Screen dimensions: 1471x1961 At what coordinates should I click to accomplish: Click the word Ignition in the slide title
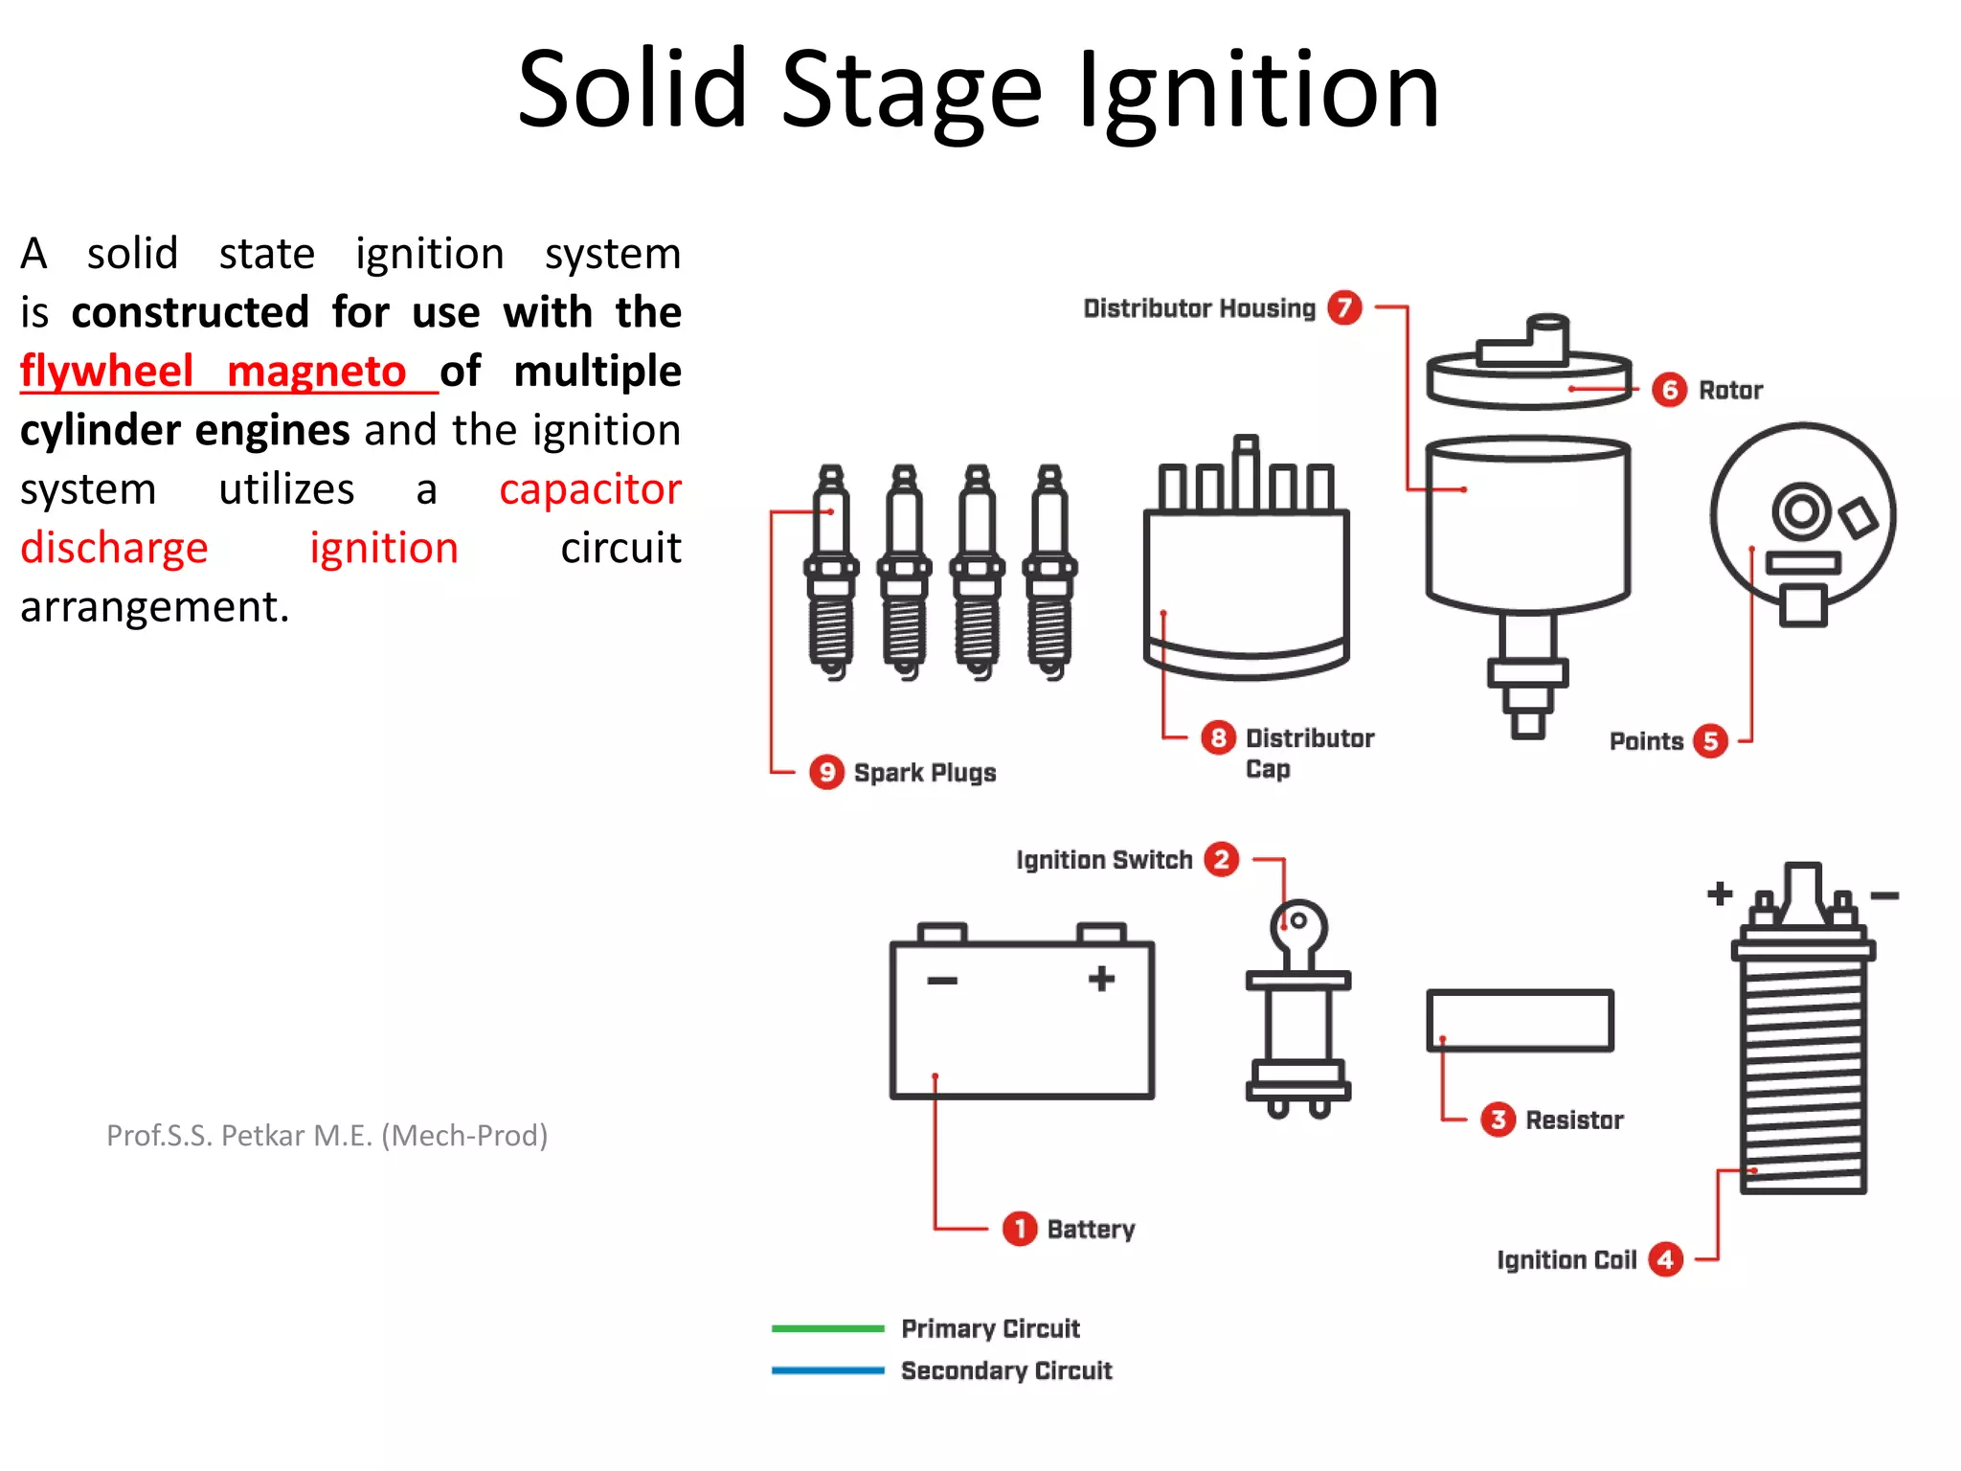(1258, 91)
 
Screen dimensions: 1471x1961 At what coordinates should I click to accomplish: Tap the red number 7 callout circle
(1344, 307)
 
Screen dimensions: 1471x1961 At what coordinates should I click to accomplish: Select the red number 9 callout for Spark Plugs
(825, 772)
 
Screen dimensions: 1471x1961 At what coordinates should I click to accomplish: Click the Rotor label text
(1730, 390)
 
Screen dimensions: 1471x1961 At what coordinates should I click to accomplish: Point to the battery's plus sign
(1101, 978)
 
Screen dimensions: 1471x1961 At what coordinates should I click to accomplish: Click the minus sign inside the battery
(942, 980)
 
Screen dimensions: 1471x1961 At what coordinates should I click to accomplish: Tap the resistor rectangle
(1520, 1020)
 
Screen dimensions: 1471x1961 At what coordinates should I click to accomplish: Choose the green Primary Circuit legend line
(827, 1328)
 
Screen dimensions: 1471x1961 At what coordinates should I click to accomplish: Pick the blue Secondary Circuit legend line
(827, 1370)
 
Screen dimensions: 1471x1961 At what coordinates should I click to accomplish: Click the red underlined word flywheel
(107, 372)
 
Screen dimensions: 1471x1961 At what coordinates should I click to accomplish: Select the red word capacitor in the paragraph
(590, 489)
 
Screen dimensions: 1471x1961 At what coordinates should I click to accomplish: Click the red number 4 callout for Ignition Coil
(1666, 1259)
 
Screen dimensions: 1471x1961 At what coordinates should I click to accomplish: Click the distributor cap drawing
(1246, 575)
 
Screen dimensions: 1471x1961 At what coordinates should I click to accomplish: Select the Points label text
(1646, 741)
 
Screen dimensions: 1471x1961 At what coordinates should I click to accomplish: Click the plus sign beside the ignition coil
(1720, 894)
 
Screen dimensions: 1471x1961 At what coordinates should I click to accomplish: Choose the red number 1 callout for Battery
(1020, 1228)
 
